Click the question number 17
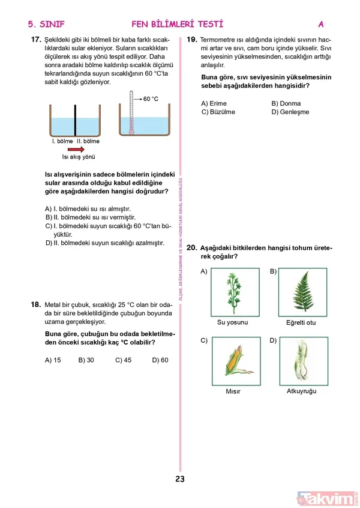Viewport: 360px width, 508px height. (x=35, y=40)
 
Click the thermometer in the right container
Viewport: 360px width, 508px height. (x=131, y=112)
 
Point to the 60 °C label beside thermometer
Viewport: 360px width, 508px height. (x=151, y=98)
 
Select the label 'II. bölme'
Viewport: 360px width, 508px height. (x=88, y=142)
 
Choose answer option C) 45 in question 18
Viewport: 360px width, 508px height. (x=122, y=360)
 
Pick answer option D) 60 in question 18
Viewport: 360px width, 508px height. (x=160, y=360)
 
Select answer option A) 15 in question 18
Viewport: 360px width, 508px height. (x=53, y=360)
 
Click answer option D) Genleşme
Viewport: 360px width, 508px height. (x=290, y=112)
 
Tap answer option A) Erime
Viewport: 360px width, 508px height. (x=214, y=103)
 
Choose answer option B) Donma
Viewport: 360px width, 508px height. (x=286, y=103)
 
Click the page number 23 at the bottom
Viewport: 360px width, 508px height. (x=180, y=479)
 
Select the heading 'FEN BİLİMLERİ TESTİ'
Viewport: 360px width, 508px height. (x=177, y=24)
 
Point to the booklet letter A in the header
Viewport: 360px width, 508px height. (x=321, y=24)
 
